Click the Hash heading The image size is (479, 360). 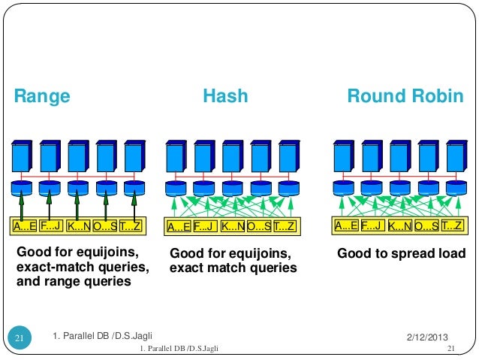coord(225,96)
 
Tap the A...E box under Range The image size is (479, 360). coord(23,225)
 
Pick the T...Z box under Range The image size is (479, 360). coord(131,225)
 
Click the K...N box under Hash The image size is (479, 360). coord(233,226)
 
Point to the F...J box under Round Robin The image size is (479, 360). coord(373,225)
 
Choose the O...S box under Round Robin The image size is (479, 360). coord(426,225)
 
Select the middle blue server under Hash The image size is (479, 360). coord(233,157)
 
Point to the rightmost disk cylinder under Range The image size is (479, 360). coord(134,187)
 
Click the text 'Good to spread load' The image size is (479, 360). coord(401,254)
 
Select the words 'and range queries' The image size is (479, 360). coord(74,282)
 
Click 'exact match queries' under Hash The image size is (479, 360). coord(233,268)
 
